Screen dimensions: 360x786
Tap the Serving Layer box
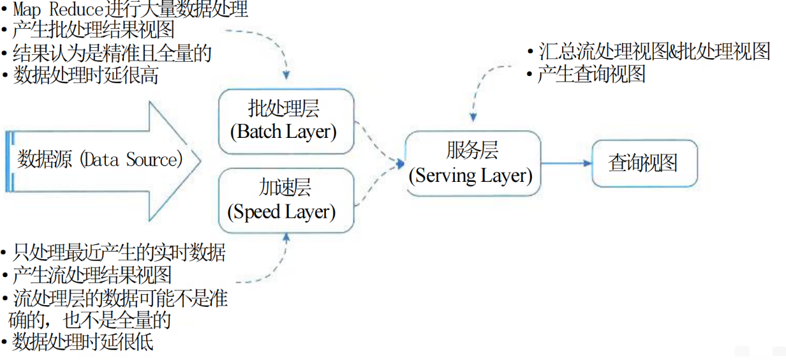(x=472, y=163)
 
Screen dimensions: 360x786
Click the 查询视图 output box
(x=644, y=163)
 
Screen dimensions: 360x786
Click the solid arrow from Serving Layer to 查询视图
(x=567, y=163)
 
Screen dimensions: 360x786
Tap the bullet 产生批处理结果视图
(x=93, y=31)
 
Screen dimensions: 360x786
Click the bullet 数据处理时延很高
(x=85, y=75)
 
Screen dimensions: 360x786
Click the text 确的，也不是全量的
(x=89, y=319)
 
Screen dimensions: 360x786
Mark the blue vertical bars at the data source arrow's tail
(x=10, y=160)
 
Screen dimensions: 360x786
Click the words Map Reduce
(x=52, y=10)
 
